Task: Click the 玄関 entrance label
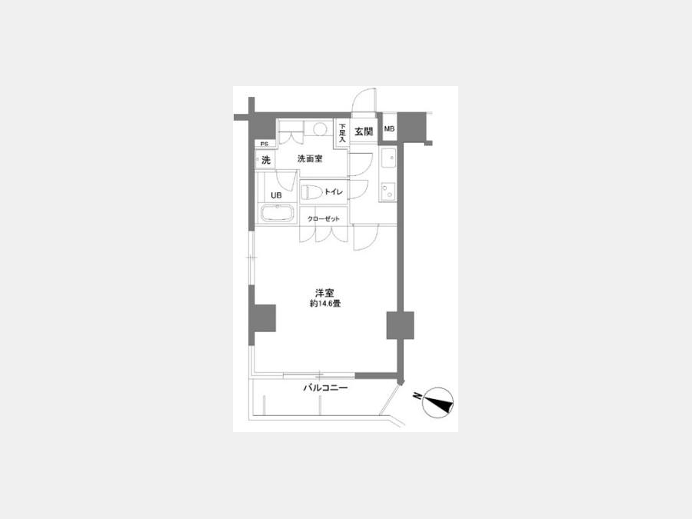click(364, 131)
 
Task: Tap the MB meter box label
click(389, 129)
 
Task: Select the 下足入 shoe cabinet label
click(342, 132)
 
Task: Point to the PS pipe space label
click(264, 144)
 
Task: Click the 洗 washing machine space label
click(266, 160)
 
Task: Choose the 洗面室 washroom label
click(310, 158)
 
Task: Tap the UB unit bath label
click(276, 195)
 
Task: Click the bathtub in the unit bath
click(277, 214)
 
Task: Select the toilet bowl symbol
click(311, 192)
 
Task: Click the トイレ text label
click(333, 192)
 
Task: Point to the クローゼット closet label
click(324, 218)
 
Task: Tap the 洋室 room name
click(324, 293)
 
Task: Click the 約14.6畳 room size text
click(324, 304)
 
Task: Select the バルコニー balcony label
click(325, 388)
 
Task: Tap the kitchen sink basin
click(388, 158)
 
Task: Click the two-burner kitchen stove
click(388, 191)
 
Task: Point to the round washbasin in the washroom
click(320, 128)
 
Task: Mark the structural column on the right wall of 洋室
click(401, 325)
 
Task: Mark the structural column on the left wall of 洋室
click(262, 318)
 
